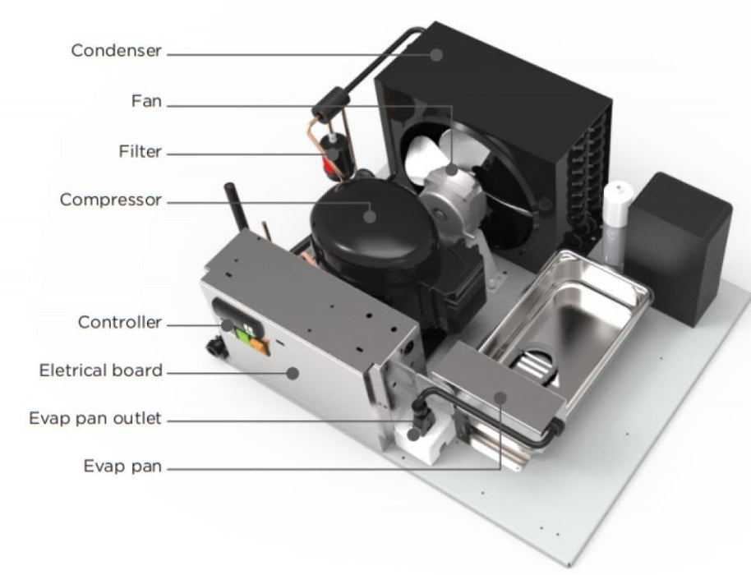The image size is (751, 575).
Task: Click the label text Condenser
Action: click(x=117, y=51)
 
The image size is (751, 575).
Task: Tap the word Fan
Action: click(x=146, y=102)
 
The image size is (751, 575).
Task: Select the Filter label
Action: click(x=141, y=152)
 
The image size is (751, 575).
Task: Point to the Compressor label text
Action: click(x=111, y=200)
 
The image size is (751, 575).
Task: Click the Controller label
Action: click(x=120, y=322)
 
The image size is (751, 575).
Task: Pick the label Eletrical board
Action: click(x=100, y=370)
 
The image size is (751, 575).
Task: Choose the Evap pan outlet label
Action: click(x=95, y=418)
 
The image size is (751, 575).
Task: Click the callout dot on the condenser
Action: click(x=435, y=54)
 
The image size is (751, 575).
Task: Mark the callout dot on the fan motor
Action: click(x=451, y=169)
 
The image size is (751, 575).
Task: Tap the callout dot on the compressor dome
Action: click(x=369, y=216)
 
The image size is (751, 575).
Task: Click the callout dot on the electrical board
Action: click(x=293, y=373)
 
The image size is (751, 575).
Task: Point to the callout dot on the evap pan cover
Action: click(x=500, y=398)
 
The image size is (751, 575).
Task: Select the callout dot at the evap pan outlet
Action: click(x=413, y=435)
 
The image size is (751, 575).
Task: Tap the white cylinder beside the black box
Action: click(x=616, y=225)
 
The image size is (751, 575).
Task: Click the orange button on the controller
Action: click(x=260, y=346)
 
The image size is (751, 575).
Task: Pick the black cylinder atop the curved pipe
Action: click(x=330, y=103)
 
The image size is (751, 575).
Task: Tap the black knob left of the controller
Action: click(x=216, y=347)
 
